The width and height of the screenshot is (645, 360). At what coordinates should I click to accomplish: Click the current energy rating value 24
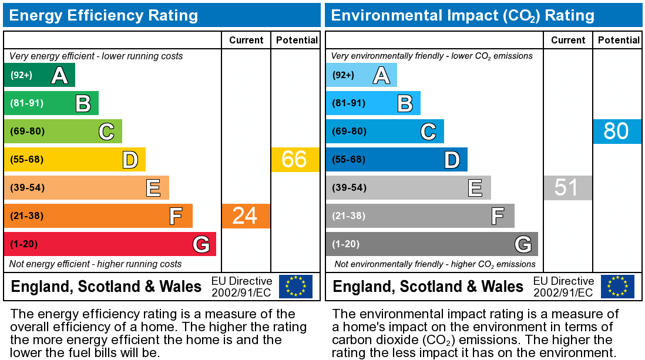[246, 216]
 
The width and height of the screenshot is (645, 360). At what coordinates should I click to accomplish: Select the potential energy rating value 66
[295, 159]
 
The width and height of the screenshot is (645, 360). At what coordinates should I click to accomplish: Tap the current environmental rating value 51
[567, 187]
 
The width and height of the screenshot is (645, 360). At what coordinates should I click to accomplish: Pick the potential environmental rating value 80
[617, 131]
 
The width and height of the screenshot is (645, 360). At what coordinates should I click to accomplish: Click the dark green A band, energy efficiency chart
[39, 75]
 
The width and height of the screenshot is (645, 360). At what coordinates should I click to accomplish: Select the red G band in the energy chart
[110, 244]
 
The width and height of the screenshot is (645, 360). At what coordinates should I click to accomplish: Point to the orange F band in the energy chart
[98, 216]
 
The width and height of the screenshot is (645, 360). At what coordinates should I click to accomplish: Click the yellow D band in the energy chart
[75, 159]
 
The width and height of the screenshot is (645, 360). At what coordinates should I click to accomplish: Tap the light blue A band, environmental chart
[361, 75]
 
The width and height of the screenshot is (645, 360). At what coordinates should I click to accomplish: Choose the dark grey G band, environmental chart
[432, 244]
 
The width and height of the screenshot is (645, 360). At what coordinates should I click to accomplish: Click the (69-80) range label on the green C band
[27, 131]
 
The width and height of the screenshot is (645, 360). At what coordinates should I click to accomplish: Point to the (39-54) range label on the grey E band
[349, 187]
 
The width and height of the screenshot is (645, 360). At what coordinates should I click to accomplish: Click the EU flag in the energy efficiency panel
[295, 286]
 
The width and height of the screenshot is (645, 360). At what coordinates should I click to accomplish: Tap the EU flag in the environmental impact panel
[617, 286]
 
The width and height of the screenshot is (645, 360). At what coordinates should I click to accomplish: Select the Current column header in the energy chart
[246, 40]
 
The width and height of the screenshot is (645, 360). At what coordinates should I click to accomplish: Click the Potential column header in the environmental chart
[619, 40]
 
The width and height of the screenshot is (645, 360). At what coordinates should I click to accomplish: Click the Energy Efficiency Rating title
[103, 15]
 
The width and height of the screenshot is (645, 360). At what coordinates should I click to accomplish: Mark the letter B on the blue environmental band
[405, 103]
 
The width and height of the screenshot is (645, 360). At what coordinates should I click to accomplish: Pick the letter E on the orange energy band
[153, 188]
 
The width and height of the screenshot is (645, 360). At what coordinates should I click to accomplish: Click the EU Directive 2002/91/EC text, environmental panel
[563, 287]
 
